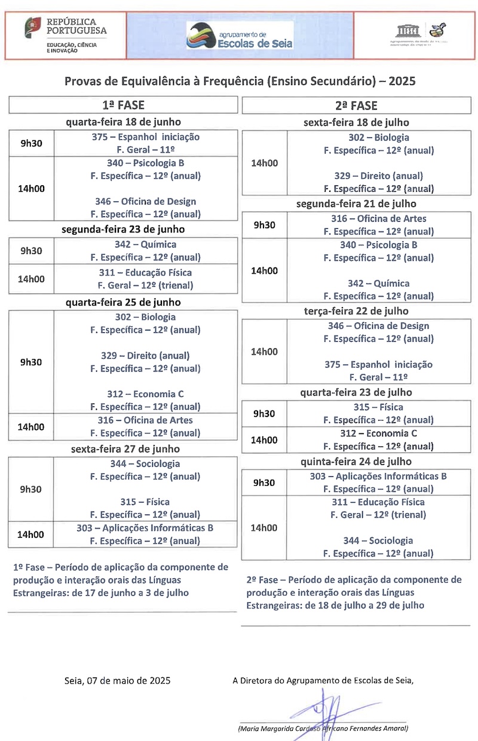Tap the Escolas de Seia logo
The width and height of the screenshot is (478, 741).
click(x=239, y=36)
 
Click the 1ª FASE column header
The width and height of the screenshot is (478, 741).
click(x=123, y=105)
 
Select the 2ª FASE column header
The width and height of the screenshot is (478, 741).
click(x=356, y=106)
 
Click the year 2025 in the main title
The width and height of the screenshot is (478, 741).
click(x=402, y=81)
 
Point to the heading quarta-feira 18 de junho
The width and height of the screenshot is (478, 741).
click(x=123, y=123)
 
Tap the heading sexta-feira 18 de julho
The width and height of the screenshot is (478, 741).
click(x=356, y=123)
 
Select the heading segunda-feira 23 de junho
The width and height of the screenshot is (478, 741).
click(x=123, y=229)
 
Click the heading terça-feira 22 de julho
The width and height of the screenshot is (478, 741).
click(x=356, y=311)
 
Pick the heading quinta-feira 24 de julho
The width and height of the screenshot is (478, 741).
click(x=356, y=462)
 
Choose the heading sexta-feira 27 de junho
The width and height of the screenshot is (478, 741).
click(x=125, y=449)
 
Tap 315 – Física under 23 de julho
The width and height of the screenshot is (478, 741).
click(x=378, y=408)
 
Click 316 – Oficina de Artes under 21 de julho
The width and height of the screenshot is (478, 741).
click(x=379, y=219)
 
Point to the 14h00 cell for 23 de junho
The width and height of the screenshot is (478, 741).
click(x=31, y=279)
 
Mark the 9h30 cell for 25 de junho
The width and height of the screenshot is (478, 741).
click(x=31, y=362)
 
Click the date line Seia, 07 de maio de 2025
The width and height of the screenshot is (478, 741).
click(x=117, y=680)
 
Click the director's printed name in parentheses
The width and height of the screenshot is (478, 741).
click(x=323, y=728)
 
